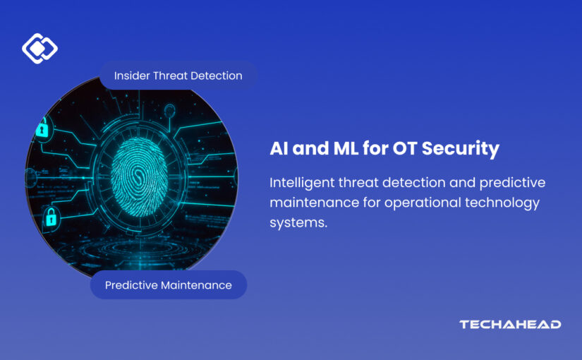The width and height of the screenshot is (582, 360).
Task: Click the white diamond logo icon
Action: (40, 48)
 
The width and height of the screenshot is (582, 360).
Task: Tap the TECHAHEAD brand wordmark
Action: (510, 324)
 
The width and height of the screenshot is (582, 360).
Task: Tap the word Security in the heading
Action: (461, 149)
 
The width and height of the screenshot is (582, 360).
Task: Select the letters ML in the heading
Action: (346, 148)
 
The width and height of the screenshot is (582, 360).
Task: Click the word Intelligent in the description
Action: (302, 183)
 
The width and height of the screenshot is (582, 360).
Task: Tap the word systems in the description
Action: (298, 223)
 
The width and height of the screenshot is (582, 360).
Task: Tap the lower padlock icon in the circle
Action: (51, 217)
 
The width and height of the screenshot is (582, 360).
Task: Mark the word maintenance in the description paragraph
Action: (315, 203)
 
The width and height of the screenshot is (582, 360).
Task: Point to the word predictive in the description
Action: (512, 183)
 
